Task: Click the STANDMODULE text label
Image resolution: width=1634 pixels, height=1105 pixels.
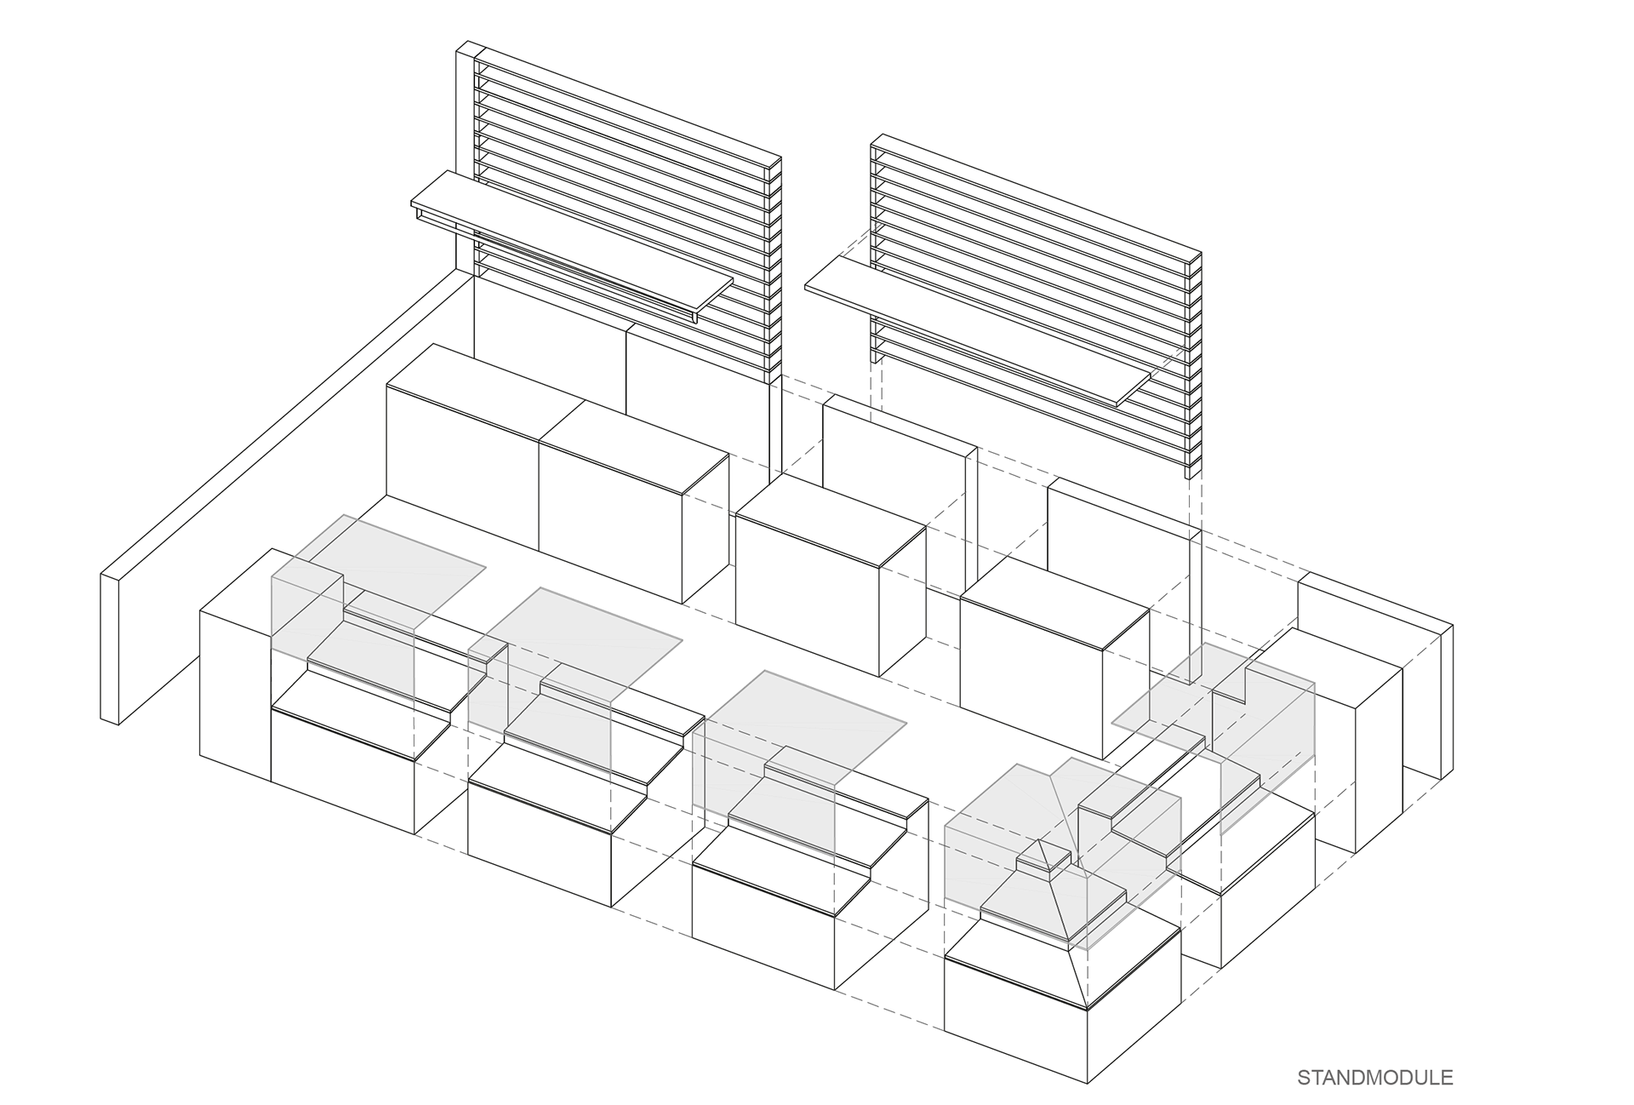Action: pos(1374,1077)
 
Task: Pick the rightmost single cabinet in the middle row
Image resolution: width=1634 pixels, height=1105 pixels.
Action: pos(1034,664)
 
